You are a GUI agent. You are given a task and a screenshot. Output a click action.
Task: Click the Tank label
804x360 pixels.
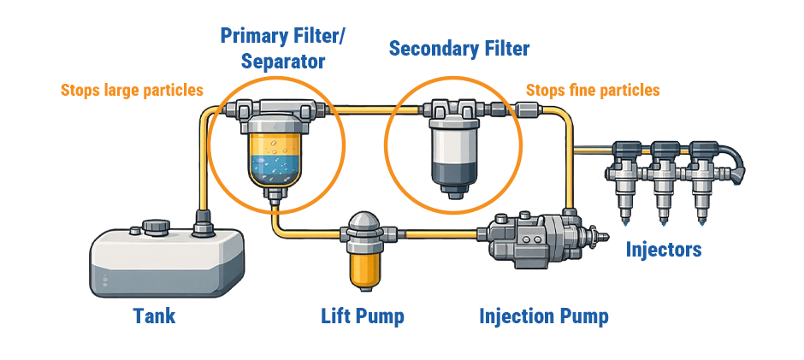(154, 316)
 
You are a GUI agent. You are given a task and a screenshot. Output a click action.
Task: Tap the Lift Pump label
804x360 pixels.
(362, 316)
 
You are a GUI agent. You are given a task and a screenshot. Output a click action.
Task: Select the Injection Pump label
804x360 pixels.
(543, 316)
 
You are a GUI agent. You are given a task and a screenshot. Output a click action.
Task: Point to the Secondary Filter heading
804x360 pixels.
(459, 49)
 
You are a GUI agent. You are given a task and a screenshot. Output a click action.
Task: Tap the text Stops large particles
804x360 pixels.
(132, 90)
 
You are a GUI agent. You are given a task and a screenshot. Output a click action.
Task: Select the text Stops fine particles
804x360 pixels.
(592, 90)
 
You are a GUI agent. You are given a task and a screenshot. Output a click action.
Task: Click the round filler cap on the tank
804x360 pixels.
(155, 227)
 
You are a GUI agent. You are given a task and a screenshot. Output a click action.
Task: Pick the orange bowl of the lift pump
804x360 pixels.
(362, 266)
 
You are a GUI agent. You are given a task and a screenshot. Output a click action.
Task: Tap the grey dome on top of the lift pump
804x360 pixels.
(362, 220)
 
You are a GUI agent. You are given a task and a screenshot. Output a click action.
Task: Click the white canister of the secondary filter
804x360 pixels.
(453, 142)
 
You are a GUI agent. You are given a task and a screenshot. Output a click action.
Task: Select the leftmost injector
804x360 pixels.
(624, 175)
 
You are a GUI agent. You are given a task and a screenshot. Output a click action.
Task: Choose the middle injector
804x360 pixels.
(664, 175)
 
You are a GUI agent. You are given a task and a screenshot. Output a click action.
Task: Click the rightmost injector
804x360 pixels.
(703, 175)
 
